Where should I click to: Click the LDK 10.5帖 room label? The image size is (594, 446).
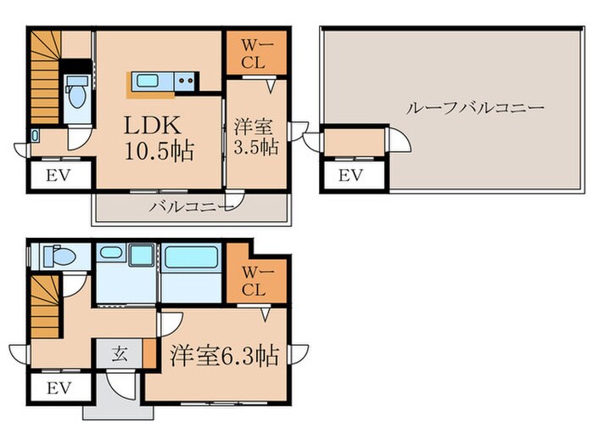[159, 138]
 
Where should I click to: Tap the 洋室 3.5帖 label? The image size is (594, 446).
[255, 138]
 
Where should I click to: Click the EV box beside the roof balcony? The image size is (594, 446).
[350, 176]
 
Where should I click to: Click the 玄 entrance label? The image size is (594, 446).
[120, 355]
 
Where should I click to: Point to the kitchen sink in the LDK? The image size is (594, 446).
[153, 82]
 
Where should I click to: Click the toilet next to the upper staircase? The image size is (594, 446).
[76, 93]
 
